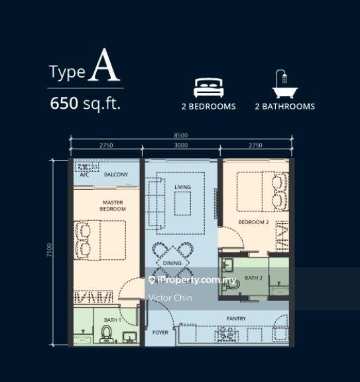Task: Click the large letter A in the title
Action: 104,65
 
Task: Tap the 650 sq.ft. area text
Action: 86,103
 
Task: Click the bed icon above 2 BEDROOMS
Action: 209,88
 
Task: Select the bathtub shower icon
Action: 284,84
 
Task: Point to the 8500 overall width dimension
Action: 181,135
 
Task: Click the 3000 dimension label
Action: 181,145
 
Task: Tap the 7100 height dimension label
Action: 49,250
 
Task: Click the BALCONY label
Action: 116,174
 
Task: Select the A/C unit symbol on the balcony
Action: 87,167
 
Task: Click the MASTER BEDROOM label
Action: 113,206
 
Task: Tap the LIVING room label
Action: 182,187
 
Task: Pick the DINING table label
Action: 172,263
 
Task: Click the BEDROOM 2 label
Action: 253,222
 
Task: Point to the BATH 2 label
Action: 253,278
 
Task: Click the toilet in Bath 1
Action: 107,334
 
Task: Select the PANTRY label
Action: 236,318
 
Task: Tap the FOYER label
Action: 160,332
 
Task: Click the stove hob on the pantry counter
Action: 227,334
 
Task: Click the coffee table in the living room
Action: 183,204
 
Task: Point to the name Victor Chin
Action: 170,298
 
